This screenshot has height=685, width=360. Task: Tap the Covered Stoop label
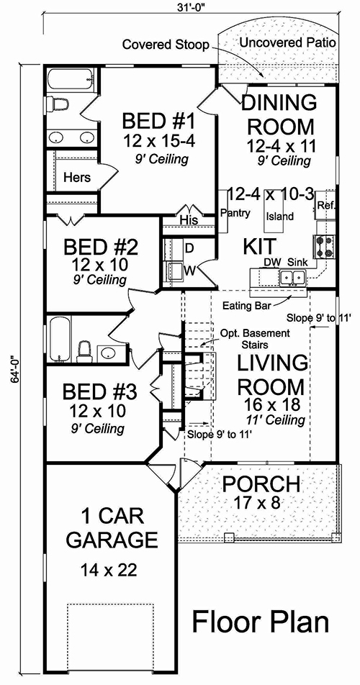click(x=165, y=45)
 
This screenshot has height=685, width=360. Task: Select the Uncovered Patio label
click(x=287, y=42)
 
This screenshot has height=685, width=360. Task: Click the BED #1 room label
click(x=155, y=119)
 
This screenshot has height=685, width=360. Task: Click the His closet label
click(x=188, y=219)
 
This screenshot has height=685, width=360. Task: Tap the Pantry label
click(x=235, y=213)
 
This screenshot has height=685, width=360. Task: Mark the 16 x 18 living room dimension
click(x=270, y=404)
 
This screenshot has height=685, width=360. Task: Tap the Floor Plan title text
click(x=260, y=622)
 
